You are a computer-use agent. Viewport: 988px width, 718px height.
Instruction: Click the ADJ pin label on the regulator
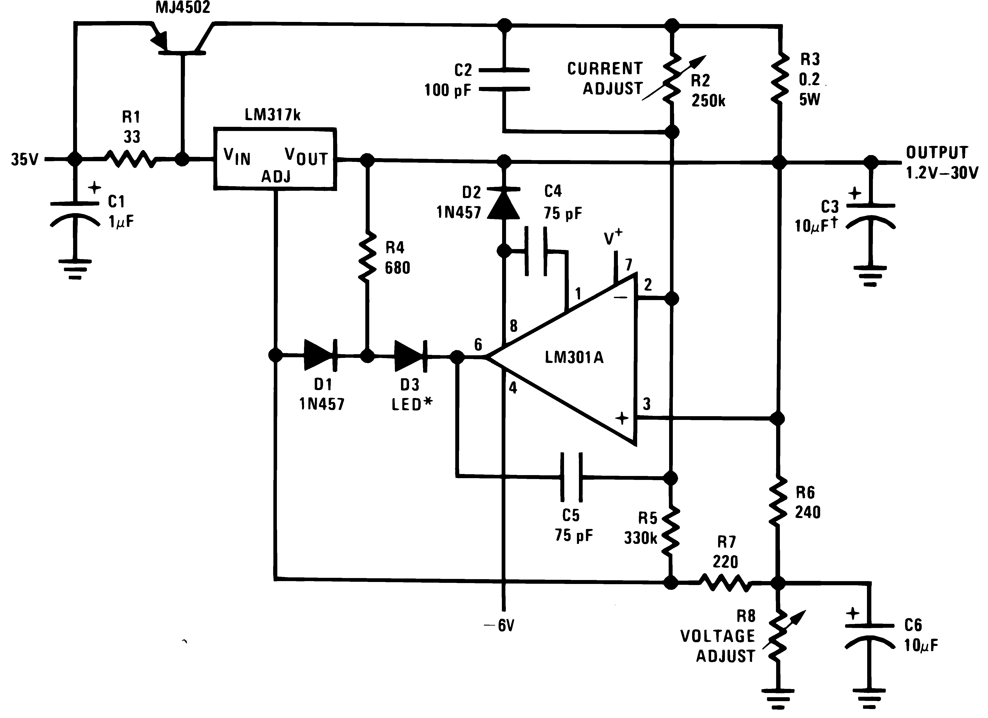tap(276, 177)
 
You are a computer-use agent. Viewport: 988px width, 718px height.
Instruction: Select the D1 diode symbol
tap(320, 355)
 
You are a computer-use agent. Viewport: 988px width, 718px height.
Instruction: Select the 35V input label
tap(24, 159)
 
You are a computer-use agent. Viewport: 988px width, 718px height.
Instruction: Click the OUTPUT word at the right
tap(937, 153)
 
